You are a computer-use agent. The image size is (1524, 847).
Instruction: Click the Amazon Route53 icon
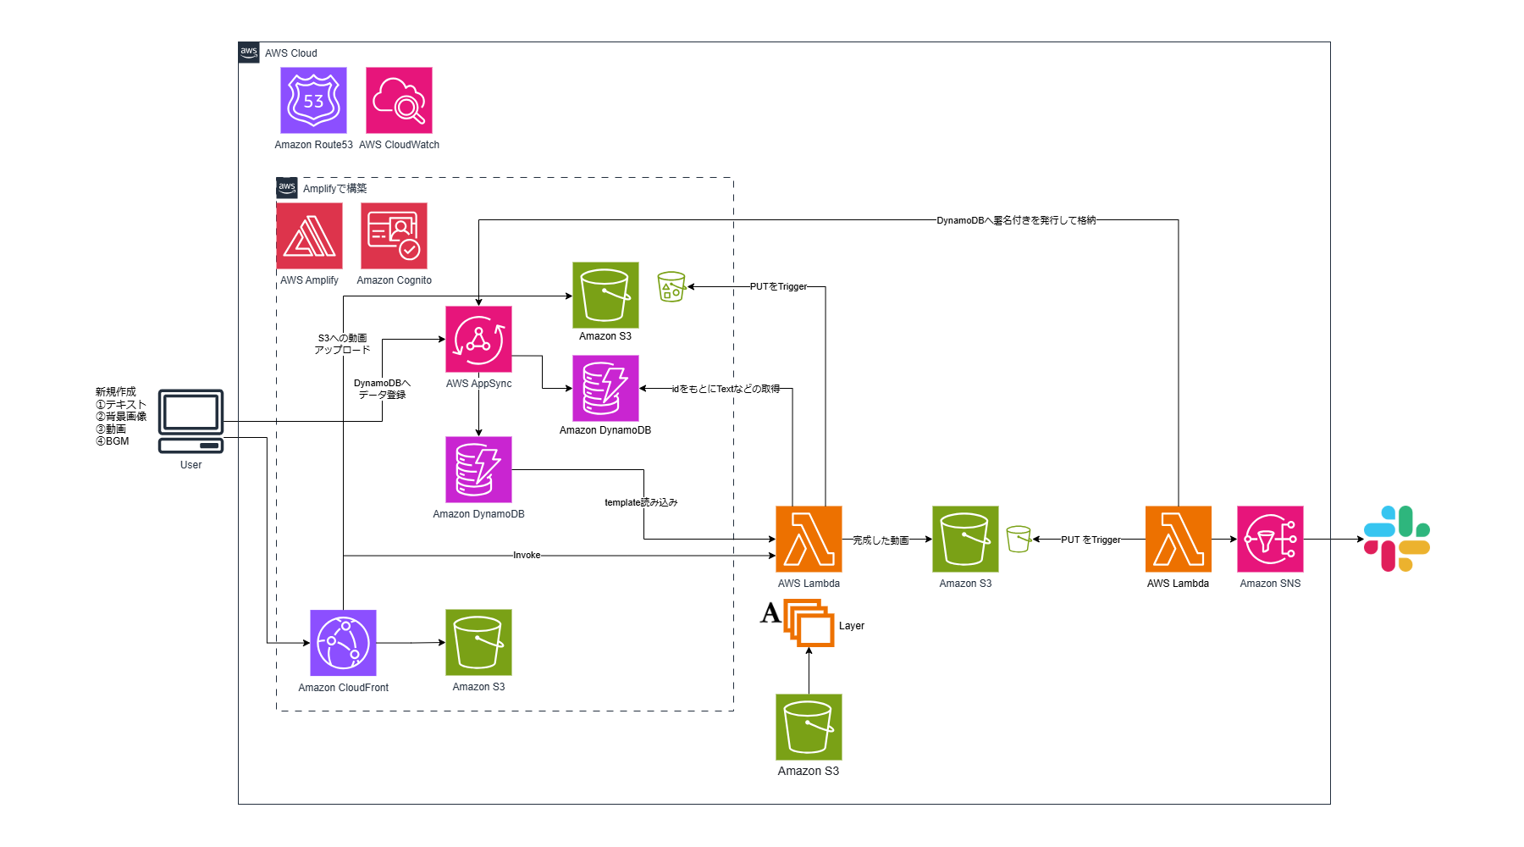[x=313, y=101]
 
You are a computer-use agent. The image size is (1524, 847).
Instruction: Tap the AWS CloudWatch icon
[x=399, y=101]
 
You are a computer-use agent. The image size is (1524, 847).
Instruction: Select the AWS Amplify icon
[x=310, y=235]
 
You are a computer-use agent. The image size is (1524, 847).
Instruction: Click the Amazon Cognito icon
[x=394, y=235]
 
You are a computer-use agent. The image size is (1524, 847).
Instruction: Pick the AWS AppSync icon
[x=478, y=339]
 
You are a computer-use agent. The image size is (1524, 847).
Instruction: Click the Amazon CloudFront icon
[x=343, y=643]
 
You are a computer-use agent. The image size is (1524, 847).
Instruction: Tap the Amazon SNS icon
[x=1270, y=540]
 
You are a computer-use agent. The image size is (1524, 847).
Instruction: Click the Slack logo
[x=1397, y=539]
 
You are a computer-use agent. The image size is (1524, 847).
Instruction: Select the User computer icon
[x=191, y=421]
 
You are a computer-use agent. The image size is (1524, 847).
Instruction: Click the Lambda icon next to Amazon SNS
[x=1178, y=540]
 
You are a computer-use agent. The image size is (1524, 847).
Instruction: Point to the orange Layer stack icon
[x=809, y=623]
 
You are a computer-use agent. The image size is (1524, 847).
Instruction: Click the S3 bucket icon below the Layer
[x=809, y=727]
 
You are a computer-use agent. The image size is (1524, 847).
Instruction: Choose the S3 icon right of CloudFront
[x=478, y=642]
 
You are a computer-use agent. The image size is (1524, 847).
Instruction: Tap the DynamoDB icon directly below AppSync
[x=478, y=469]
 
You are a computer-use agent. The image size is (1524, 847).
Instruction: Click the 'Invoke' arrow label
[x=527, y=556]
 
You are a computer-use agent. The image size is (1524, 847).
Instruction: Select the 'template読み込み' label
[x=641, y=502]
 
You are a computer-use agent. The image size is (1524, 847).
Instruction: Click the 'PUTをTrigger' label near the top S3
[x=778, y=286]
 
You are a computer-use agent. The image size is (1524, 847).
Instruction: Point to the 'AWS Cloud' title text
[x=290, y=53]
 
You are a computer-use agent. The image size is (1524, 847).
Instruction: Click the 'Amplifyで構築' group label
[x=334, y=189]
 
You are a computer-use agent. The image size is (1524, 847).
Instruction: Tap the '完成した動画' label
[x=881, y=540]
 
